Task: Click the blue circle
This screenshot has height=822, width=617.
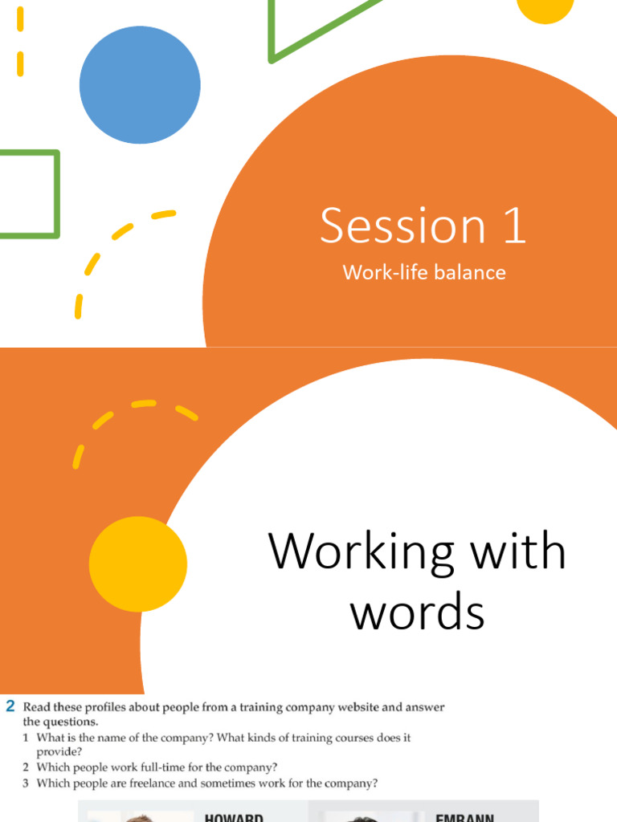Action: click(140, 85)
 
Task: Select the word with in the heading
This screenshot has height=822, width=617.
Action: click(522, 552)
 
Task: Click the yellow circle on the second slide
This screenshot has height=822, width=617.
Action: click(138, 565)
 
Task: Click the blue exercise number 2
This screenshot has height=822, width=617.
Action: click(10, 706)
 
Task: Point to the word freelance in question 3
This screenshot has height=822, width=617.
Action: click(161, 783)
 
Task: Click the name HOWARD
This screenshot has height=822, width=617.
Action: click(235, 816)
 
